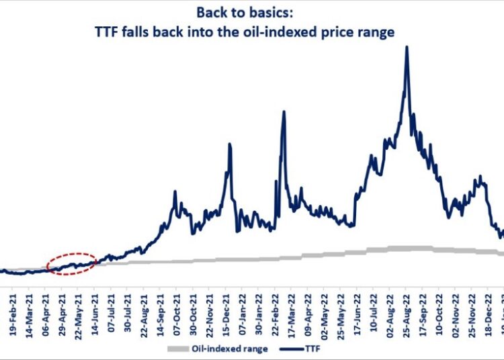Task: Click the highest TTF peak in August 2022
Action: tap(407, 47)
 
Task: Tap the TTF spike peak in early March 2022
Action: tap(284, 111)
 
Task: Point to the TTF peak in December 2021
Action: tap(230, 144)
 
